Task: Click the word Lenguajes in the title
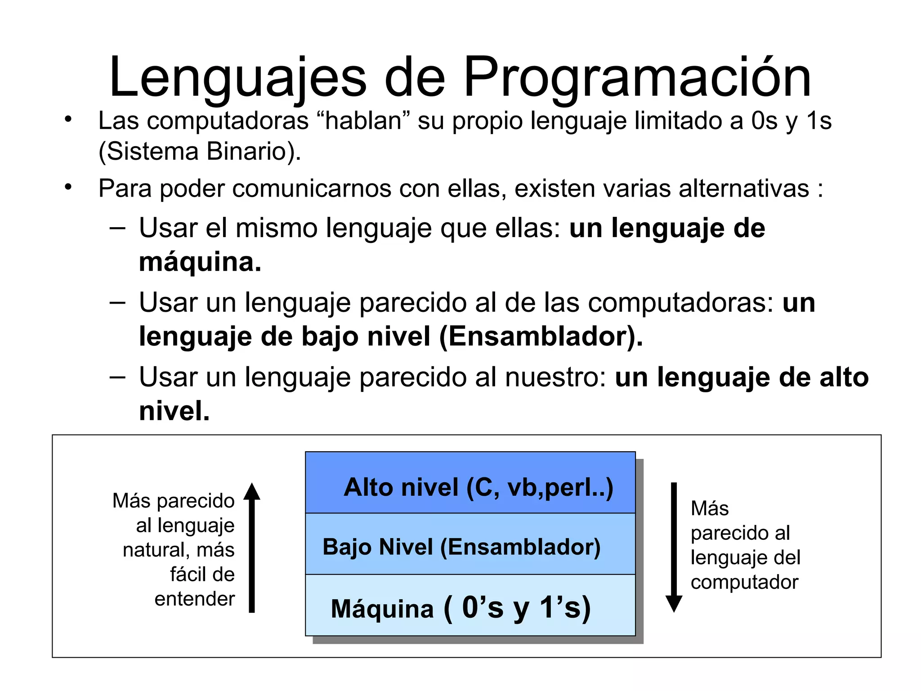(x=237, y=77)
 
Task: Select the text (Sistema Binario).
(x=200, y=152)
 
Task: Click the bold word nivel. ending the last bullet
(x=174, y=411)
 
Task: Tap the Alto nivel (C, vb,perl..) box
(x=470, y=483)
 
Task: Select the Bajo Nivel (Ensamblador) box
(x=470, y=544)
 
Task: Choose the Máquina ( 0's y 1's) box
(x=470, y=605)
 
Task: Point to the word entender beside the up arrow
(x=195, y=599)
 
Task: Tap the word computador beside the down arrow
(x=744, y=582)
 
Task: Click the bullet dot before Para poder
(x=68, y=187)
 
